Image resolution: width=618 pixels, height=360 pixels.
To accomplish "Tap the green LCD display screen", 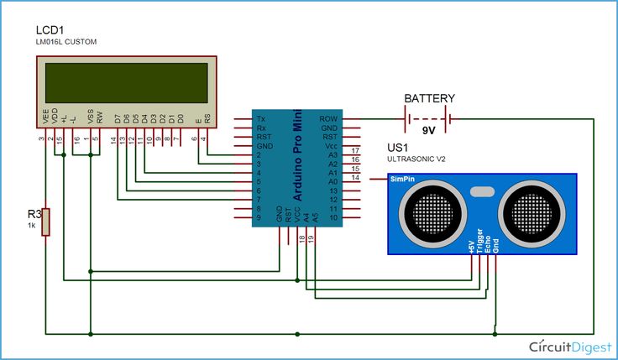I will tap(127, 81).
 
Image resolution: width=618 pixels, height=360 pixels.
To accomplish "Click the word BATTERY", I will tap(429, 98).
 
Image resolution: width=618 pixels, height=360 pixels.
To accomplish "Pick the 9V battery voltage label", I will tap(429, 132).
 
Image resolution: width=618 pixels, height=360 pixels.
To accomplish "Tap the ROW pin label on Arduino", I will tap(328, 119).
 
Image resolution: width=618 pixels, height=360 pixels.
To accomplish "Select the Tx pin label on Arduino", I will tap(261, 119).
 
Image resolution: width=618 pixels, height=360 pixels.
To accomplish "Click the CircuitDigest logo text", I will tap(568, 345).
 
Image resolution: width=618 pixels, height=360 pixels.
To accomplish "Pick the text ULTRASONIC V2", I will tap(416, 159).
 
